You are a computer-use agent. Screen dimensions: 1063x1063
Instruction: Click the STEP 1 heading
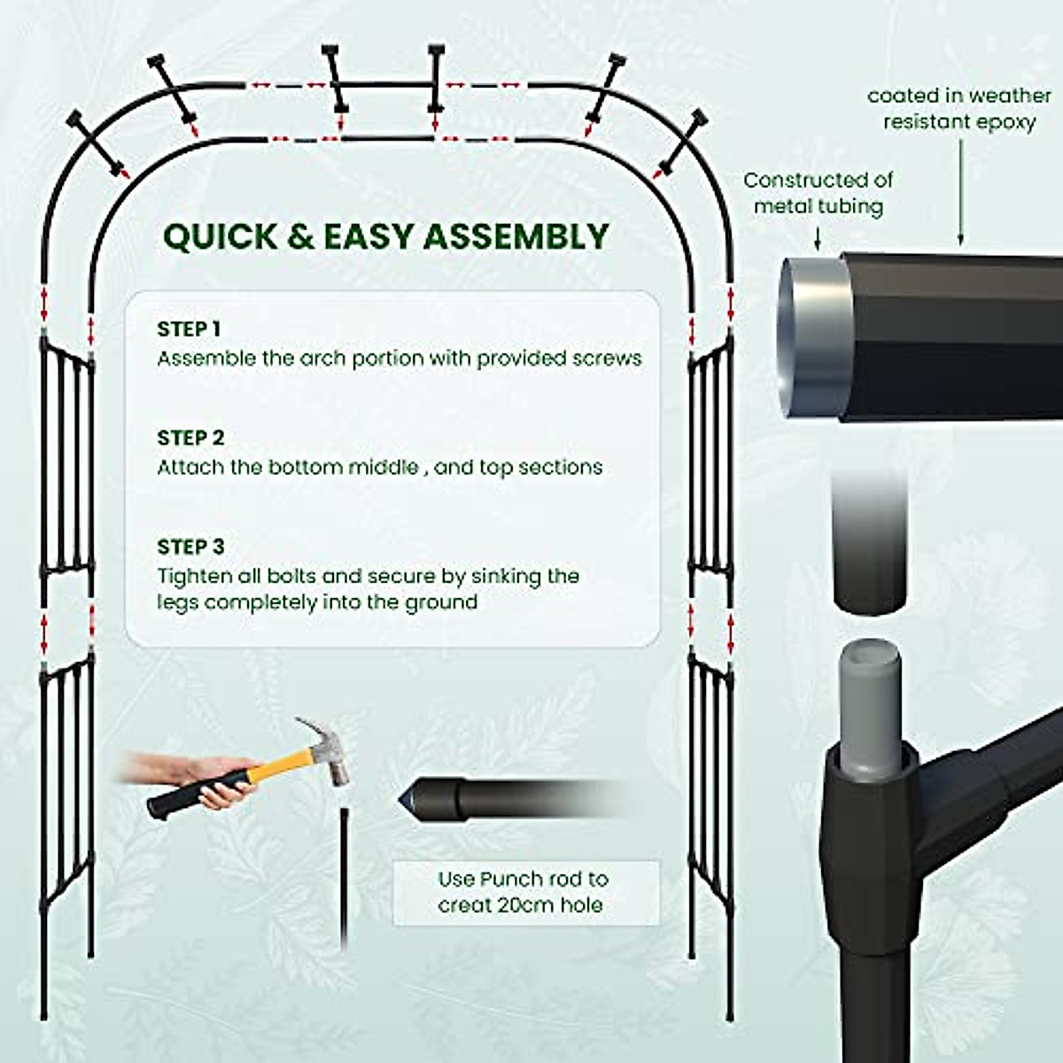click(x=189, y=329)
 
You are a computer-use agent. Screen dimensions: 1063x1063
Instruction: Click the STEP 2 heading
click(x=190, y=438)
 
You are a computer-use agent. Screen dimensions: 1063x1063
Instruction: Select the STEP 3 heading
click(x=190, y=547)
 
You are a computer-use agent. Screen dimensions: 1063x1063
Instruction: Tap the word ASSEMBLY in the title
click(x=515, y=237)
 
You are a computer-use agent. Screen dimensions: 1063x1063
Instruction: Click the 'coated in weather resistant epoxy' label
click(x=958, y=108)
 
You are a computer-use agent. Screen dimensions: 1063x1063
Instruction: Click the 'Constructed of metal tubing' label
click(x=818, y=193)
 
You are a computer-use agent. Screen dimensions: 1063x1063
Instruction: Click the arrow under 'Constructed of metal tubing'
click(x=817, y=237)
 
